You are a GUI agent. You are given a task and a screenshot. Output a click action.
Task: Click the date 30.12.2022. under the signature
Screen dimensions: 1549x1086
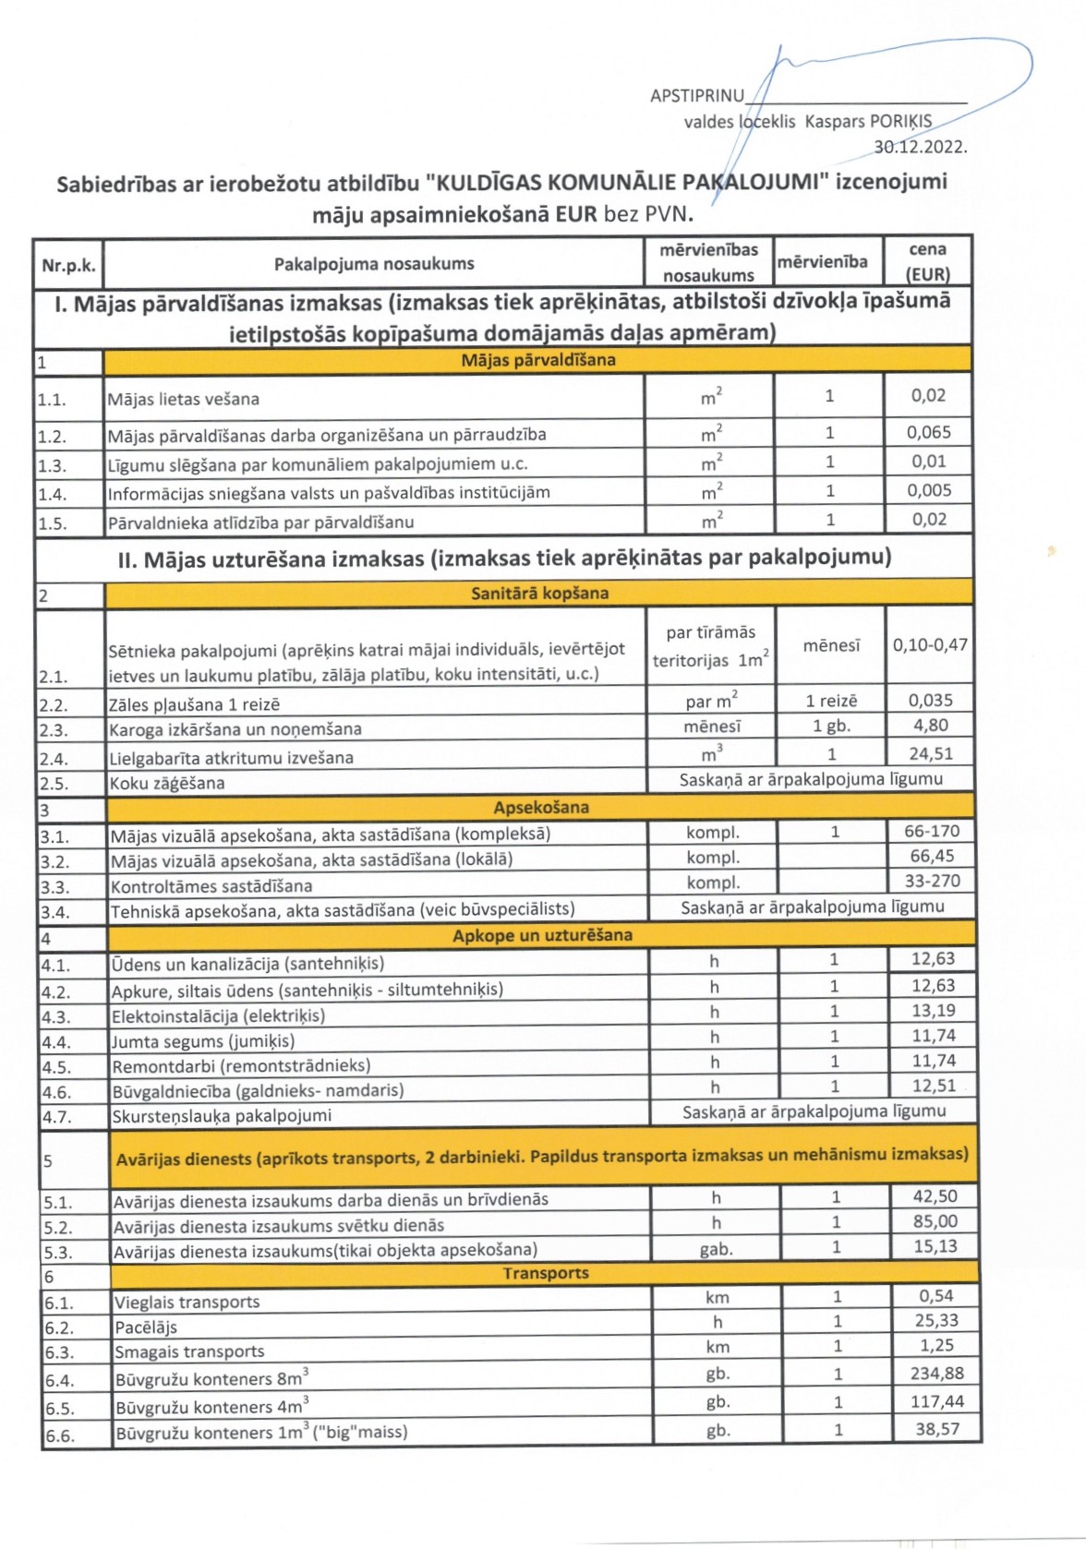point(920,147)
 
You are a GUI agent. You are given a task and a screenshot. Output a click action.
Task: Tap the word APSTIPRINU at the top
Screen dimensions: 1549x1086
point(697,96)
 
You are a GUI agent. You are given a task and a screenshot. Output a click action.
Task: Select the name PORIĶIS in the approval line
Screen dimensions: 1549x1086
point(901,122)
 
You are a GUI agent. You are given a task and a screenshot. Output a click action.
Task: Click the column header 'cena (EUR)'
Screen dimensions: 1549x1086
point(927,262)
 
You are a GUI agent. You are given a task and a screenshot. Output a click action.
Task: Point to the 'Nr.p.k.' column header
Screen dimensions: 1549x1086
point(68,266)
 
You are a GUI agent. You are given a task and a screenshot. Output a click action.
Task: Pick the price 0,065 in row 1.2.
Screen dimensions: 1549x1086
point(928,432)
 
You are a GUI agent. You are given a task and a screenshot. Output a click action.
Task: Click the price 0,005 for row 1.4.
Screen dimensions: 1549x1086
point(928,490)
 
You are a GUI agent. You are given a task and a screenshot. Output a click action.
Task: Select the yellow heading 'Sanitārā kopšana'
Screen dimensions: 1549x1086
point(539,594)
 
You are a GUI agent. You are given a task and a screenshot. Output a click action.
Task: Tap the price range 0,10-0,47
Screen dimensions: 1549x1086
point(929,644)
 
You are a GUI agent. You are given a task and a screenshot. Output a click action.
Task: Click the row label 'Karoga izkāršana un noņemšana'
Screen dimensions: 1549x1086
point(235,729)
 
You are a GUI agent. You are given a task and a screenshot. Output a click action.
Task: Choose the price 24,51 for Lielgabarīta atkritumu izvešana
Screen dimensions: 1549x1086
point(930,753)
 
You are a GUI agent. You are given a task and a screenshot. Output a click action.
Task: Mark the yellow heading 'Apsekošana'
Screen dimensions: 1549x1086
point(541,808)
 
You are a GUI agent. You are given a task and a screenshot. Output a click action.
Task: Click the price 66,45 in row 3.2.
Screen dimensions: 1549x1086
point(932,856)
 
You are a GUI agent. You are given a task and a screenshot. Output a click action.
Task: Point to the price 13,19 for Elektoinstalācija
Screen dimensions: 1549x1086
point(933,1011)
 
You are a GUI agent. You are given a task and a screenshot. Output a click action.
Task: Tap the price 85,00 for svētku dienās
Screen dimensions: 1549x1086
point(935,1221)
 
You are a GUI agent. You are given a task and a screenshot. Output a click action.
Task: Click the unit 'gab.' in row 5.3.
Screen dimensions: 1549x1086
point(716,1250)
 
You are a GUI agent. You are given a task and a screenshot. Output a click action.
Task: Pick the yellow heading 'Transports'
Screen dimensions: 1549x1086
point(545,1274)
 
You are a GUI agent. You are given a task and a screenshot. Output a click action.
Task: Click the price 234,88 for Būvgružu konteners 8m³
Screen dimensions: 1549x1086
point(936,1374)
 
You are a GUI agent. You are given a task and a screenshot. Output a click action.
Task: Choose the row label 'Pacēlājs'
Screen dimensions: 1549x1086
point(146,1327)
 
